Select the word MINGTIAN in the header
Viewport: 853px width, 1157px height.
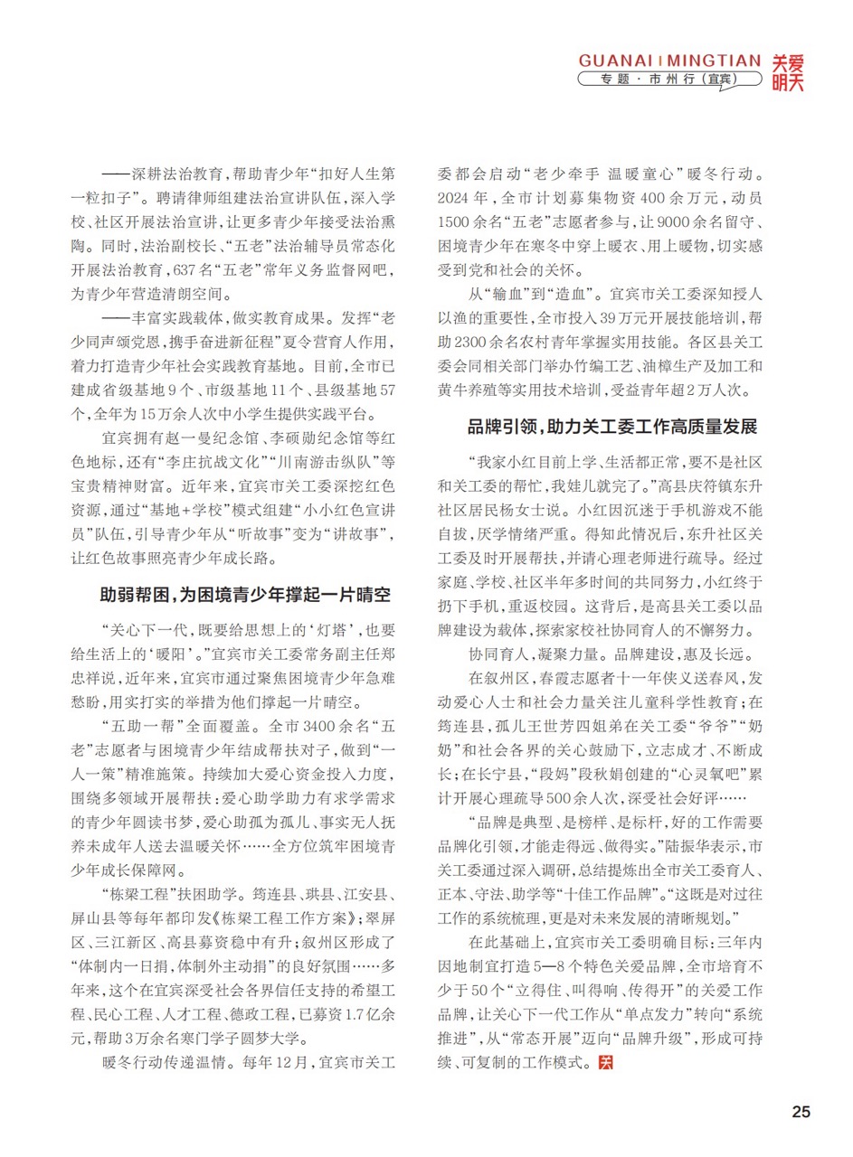point(714,61)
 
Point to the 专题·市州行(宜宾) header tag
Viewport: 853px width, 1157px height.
point(668,80)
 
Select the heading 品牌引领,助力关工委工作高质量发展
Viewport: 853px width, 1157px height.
point(611,426)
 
